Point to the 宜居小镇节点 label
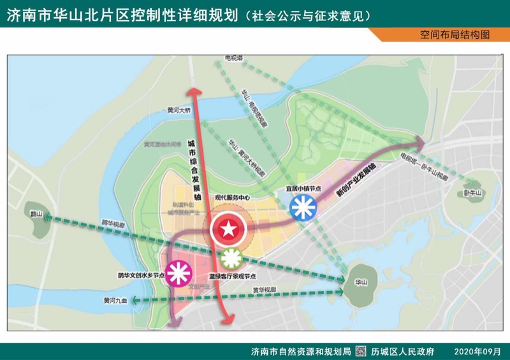pos(303,189)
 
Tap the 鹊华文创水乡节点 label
pos(141,276)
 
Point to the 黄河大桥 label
pos(179,110)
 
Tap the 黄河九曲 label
pos(115,300)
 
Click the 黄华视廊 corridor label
pos(264,290)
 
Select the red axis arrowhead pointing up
pos(193,92)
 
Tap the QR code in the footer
pos(360,351)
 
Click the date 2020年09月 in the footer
pos(477,351)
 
